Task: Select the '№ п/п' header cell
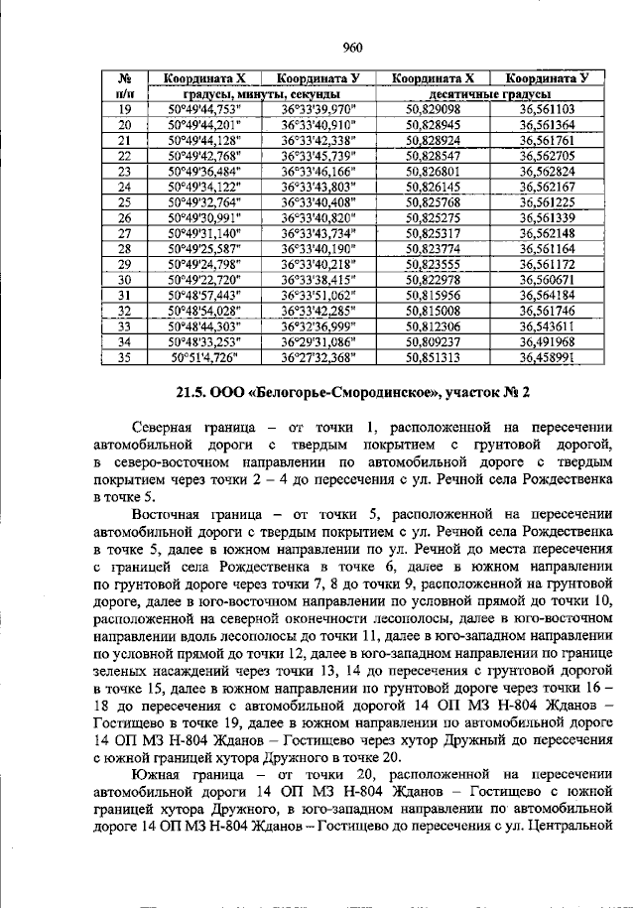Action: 125,86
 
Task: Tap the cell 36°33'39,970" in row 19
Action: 318,110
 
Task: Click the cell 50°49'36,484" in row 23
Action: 206,172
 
